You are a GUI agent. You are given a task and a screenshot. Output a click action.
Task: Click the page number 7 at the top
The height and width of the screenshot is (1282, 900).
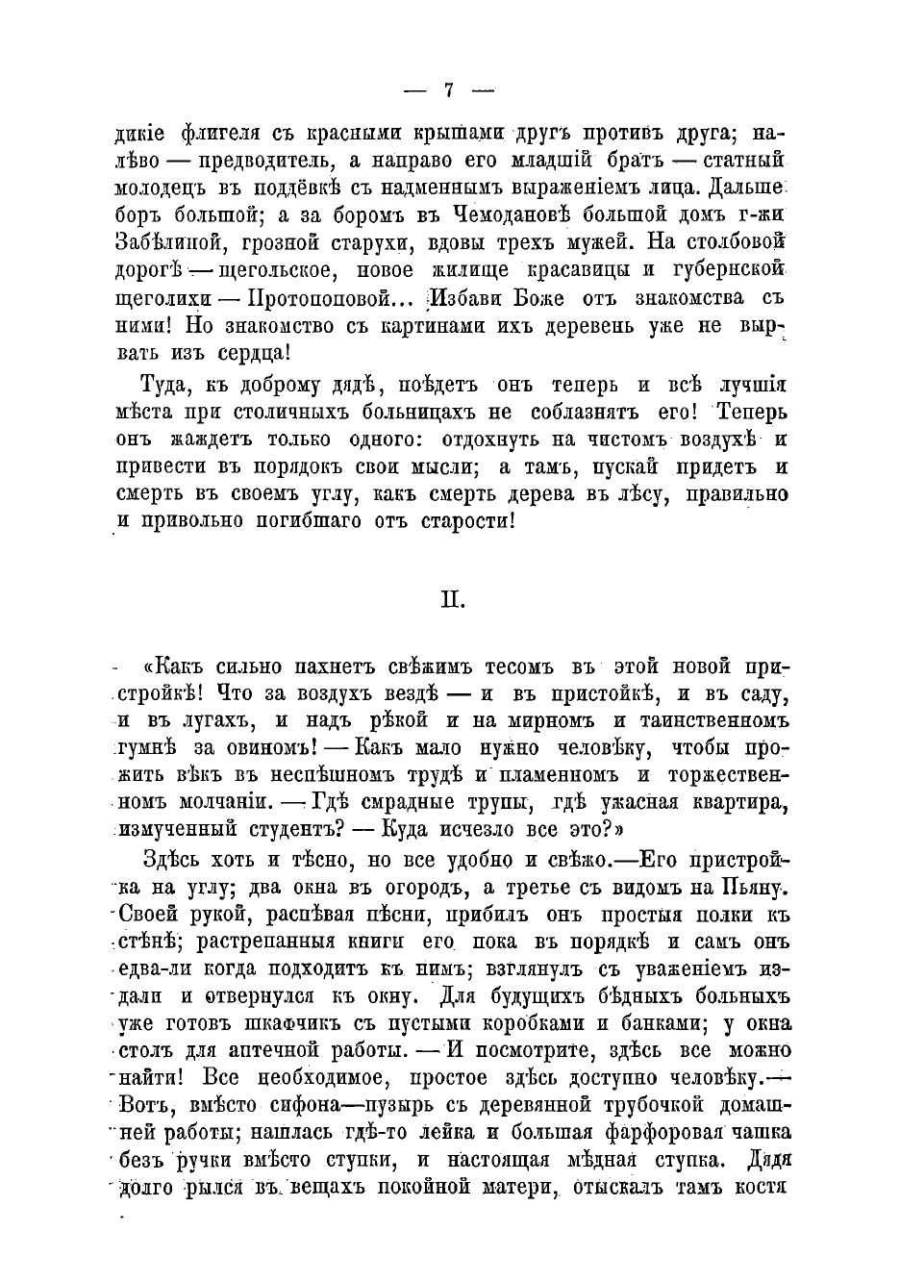coord(449,90)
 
